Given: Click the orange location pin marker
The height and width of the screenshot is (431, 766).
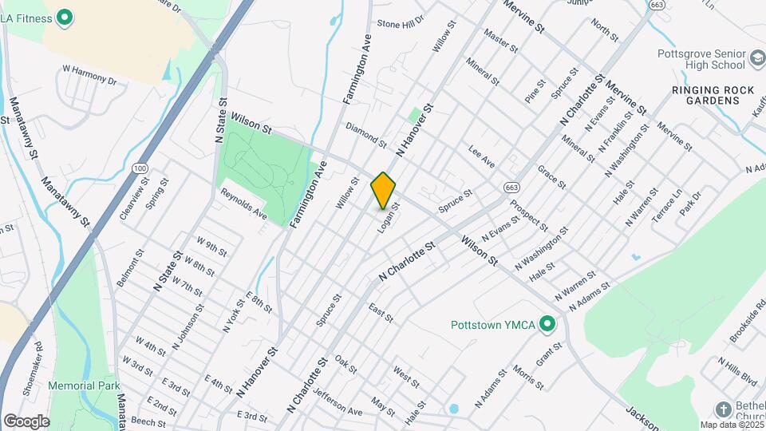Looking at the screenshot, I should (x=383, y=190).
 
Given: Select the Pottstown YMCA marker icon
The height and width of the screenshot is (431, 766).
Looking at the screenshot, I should (x=547, y=324).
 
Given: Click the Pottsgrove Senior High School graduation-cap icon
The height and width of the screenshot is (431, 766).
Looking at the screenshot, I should (x=756, y=60).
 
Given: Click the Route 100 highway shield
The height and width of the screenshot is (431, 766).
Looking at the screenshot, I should (x=140, y=168).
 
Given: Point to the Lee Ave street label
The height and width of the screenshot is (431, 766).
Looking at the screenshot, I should (x=482, y=156).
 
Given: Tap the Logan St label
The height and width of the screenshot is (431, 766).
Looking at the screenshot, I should (x=388, y=217).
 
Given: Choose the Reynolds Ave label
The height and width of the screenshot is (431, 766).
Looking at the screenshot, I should (x=243, y=204).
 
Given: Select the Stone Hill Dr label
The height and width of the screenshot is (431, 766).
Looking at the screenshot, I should (x=401, y=24).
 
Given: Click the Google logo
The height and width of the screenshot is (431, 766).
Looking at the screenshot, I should (x=26, y=421).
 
